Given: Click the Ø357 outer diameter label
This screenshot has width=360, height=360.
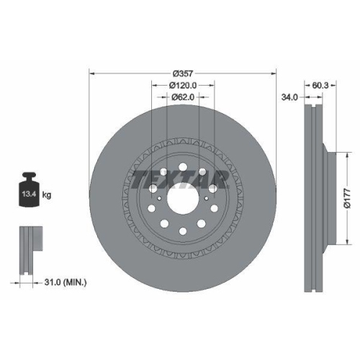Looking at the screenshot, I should pyautogui.click(x=181, y=73).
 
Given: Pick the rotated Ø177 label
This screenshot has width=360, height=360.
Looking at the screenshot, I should pyautogui.click(x=347, y=194).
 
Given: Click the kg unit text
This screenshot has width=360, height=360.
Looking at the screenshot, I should pyautogui.click(x=47, y=194).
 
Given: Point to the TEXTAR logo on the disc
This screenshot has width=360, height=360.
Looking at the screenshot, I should pyautogui.click(x=181, y=179).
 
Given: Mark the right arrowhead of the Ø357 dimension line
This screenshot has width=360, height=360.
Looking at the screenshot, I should pyautogui.click(x=274, y=73).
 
